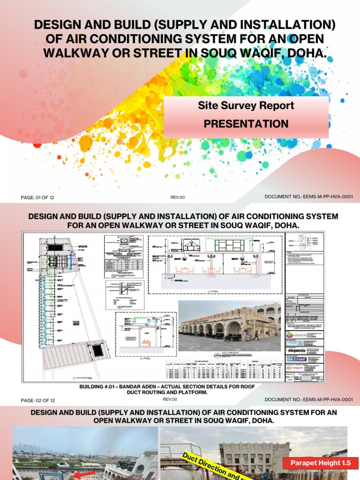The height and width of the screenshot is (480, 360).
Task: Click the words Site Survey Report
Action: tap(246, 106)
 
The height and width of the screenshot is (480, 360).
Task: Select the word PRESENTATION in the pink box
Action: tap(246, 124)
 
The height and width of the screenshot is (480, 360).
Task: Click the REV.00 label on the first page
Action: tap(178, 197)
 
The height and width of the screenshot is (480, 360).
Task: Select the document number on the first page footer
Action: tap(308, 197)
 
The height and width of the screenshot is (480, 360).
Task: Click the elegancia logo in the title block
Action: tap(299, 350)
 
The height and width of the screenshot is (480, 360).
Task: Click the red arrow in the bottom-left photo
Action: tap(81, 474)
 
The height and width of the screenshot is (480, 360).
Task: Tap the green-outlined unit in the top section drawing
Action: tap(229, 245)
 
